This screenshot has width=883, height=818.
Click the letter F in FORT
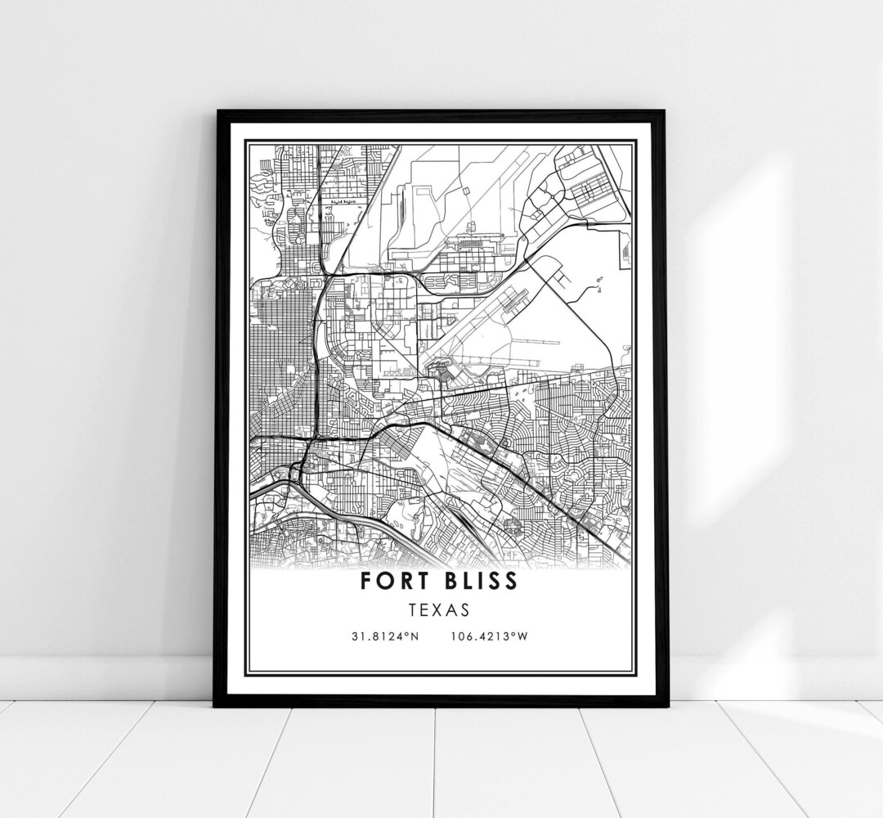[364, 581]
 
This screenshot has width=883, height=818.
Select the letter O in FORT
[383, 581]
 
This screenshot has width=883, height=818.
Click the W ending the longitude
[523, 636]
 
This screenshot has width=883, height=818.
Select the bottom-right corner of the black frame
[666, 705]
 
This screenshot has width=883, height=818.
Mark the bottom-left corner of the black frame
[215, 705]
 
